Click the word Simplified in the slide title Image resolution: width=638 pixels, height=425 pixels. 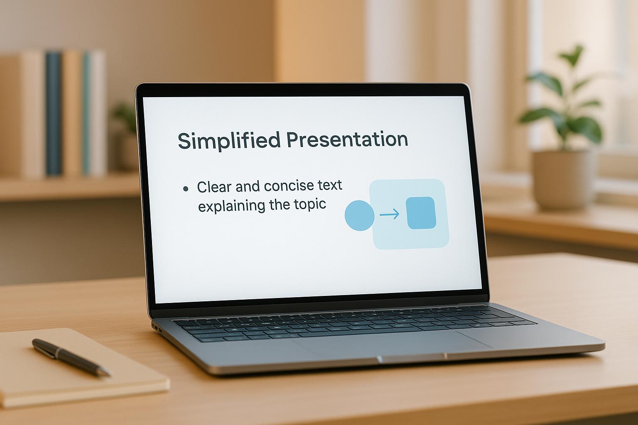click(x=229, y=140)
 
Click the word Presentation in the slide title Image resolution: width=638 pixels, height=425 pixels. click(x=347, y=139)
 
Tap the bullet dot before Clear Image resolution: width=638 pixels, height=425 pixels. click(x=186, y=188)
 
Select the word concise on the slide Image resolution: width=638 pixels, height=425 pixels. click(x=289, y=186)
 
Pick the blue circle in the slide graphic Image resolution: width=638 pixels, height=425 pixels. click(x=359, y=215)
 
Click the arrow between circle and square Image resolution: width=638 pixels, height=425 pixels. click(x=390, y=214)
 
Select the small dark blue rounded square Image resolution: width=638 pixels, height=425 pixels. click(x=421, y=212)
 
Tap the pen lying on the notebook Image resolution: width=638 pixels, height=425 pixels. click(x=71, y=357)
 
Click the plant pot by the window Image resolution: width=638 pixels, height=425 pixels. click(x=562, y=180)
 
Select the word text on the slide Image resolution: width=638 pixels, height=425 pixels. click(x=330, y=185)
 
